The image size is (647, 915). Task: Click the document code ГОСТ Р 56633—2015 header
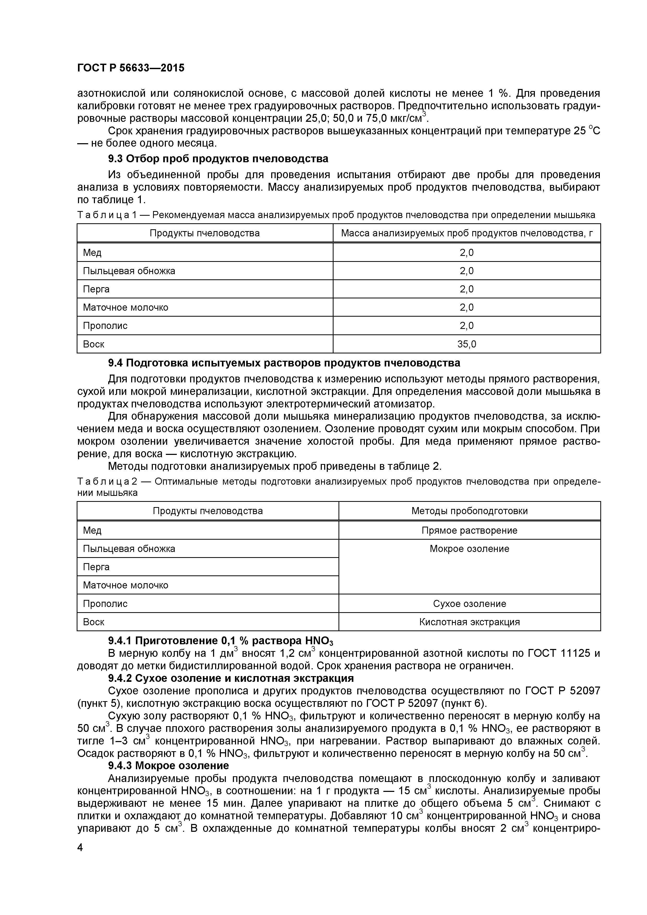point(131,68)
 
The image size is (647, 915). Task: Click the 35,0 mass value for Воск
point(467,344)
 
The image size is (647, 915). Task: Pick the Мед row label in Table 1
point(92,253)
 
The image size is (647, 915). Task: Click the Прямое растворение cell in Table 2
point(469,531)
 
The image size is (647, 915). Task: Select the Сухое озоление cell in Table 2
point(469,604)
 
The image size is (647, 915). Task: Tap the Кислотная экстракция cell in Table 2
point(469,622)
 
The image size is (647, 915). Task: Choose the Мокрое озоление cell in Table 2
point(469,549)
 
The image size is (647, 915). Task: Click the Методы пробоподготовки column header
point(469,511)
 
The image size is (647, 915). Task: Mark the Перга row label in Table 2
point(96,567)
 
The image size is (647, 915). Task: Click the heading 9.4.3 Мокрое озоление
point(168,766)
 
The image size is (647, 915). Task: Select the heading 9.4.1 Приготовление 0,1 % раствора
point(220,641)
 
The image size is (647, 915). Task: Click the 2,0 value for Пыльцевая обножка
point(467,271)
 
